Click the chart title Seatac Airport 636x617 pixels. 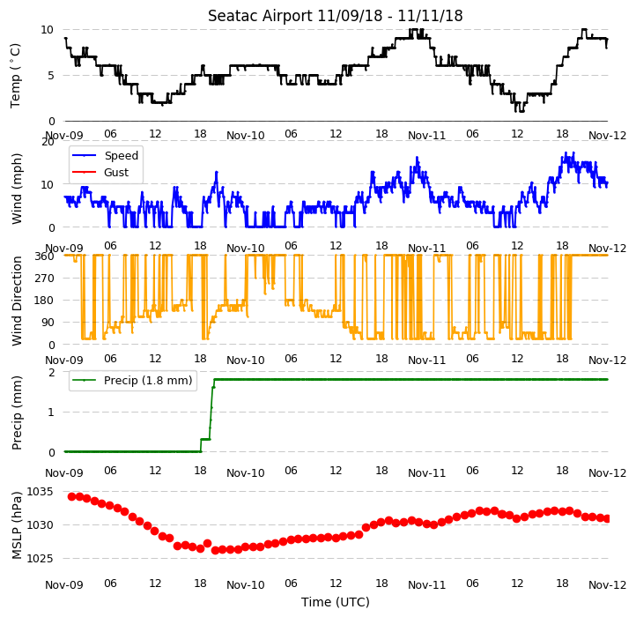pos(261,16)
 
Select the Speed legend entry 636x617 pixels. pos(106,155)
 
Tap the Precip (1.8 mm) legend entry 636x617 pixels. pos(132,381)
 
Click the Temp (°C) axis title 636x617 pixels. pos(15,76)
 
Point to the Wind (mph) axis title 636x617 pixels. pos(16,189)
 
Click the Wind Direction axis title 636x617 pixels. pos(16,301)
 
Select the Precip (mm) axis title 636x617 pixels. pos(16,413)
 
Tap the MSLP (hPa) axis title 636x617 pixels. pos(16,525)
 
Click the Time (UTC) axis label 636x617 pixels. pos(336,602)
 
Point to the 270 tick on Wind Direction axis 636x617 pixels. pos(45,279)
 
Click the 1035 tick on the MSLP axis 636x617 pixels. pos(40,492)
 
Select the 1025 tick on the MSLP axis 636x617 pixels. pos(40,559)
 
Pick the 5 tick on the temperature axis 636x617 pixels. pos(51,76)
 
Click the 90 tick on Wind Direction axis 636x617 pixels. pos(48,323)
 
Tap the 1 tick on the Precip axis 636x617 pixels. pos(51,412)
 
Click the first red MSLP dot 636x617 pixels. pos(72,496)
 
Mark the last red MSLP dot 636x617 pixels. pos(607,519)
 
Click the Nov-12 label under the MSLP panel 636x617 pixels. pos(607,585)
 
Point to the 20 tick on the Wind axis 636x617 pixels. pos(48,142)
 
